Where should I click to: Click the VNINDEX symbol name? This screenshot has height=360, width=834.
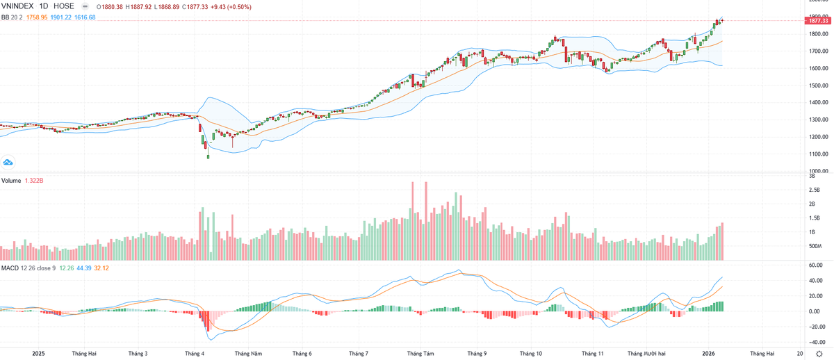tap(19, 6)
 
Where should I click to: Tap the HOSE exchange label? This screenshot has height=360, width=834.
tap(63, 6)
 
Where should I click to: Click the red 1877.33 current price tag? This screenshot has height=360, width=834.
tap(817, 22)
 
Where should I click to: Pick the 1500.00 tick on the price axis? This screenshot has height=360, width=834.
tap(817, 85)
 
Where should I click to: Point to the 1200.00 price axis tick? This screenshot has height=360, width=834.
tap(817, 137)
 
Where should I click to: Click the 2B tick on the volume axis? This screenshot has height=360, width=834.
tap(811, 204)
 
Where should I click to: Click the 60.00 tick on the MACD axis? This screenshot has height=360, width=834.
tap(815, 265)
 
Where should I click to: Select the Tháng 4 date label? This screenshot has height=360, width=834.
tap(194, 353)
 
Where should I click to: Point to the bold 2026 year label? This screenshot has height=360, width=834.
tap(708, 353)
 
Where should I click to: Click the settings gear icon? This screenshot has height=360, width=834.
tap(819, 353)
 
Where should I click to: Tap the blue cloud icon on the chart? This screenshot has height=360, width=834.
tap(8, 163)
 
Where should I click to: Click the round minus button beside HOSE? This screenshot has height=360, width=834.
tap(85, 6)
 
